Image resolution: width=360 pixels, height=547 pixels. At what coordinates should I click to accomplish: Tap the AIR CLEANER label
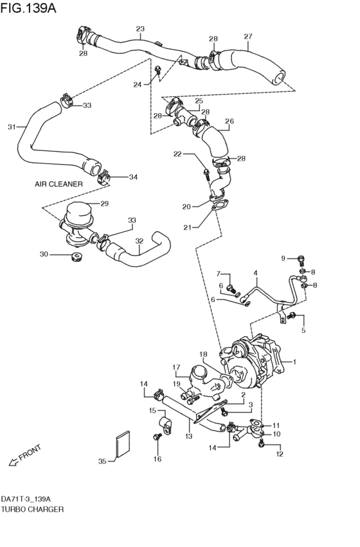pos(59,184)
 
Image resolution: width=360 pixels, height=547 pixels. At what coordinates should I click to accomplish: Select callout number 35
pos(102,461)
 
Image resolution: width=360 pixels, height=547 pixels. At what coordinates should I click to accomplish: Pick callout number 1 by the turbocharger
pos(295,363)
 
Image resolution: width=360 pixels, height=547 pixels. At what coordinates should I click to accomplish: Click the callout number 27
pos(248,37)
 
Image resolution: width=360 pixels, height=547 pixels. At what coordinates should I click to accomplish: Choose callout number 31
pos(11,127)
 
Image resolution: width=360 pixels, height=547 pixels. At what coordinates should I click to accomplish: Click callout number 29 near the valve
pos(104,204)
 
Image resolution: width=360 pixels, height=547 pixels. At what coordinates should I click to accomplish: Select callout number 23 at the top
pos(140,29)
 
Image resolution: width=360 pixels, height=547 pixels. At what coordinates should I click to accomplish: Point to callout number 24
pos(137,85)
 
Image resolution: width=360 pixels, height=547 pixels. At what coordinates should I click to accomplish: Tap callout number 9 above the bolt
pos(283,258)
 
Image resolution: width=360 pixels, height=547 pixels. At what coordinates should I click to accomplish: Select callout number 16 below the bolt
pos(157,459)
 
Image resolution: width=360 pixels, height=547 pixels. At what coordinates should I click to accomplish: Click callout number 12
pos(279,454)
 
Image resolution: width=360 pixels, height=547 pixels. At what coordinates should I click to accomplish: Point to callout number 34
pos(133,177)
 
